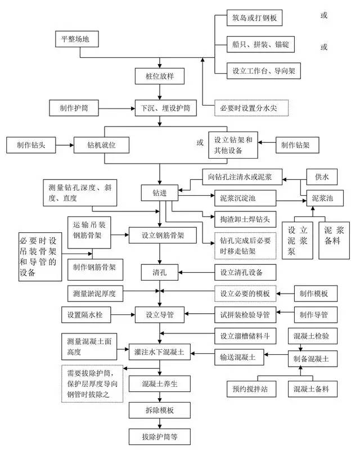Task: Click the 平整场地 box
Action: click(79, 40)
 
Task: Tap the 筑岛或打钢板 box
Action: click(254, 18)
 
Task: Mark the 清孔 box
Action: click(160, 274)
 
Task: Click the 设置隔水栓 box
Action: click(87, 313)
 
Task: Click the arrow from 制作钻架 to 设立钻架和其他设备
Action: click(268, 145)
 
